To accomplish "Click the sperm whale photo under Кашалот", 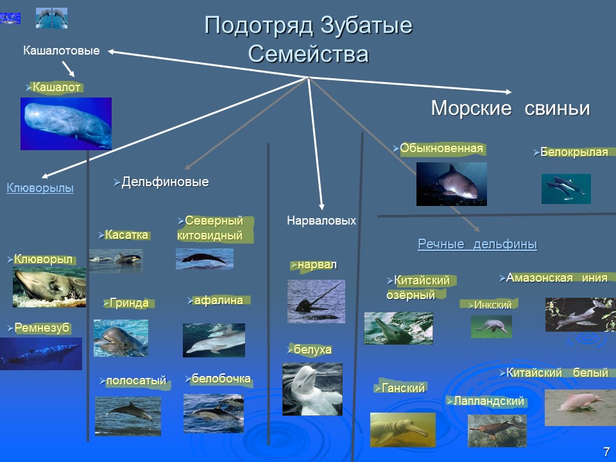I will coord(65,123).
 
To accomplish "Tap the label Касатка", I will coord(126,235).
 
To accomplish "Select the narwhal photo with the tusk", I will coord(316,301).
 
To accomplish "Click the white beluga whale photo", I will coord(312,389).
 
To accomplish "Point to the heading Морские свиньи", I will coord(510,108).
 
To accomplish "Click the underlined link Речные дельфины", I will coord(477,244).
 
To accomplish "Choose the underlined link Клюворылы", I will coord(40,188).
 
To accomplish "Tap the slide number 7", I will coord(606,452).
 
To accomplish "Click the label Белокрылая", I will coord(573,153).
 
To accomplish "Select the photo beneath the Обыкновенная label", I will coord(451,184).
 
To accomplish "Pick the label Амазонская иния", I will coord(556,278).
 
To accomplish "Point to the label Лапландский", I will coord(488,401).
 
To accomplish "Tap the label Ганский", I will coord(403,388).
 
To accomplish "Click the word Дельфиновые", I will coord(165,182).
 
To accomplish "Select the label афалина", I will coord(218,300).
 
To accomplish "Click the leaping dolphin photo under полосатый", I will coord(128,415).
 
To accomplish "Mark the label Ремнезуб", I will coord(41,328).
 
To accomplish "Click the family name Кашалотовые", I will coord(62,50).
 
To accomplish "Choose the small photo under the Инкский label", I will coord(491,327).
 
